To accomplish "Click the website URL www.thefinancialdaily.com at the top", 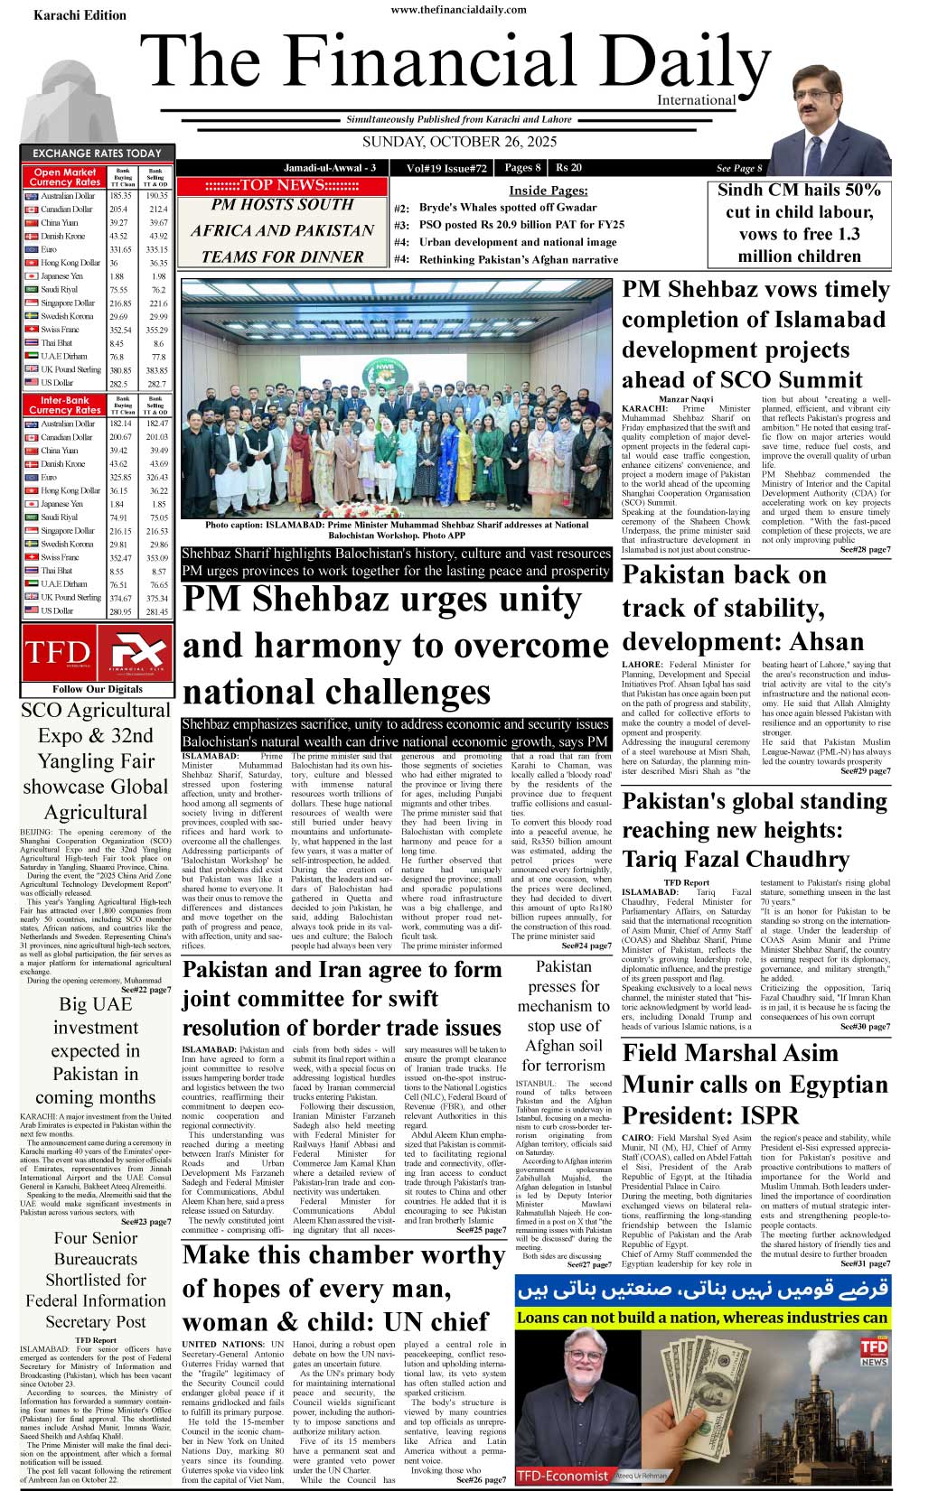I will (x=458, y=10).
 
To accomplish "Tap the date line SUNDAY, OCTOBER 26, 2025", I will (x=459, y=143).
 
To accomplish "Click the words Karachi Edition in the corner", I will (x=80, y=15).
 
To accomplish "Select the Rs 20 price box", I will (x=569, y=168).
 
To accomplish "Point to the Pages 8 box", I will (x=522, y=168).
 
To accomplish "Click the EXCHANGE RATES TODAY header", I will (x=97, y=154).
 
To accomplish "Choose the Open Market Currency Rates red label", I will (x=65, y=177).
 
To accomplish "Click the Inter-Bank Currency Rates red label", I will (x=65, y=405).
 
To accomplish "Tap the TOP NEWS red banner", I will (x=282, y=186).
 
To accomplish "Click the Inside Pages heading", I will (x=548, y=191).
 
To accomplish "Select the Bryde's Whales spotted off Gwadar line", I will (x=507, y=208).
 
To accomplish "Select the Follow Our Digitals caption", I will (x=97, y=689).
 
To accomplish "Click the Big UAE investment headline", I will (x=96, y=1050).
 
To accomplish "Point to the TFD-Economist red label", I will (x=561, y=1477).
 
